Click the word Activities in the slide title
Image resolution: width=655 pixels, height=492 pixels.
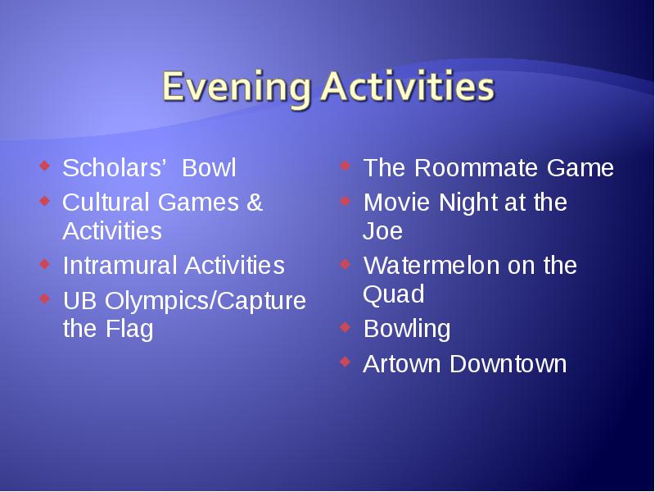pyautogui.click(x=408, y=87)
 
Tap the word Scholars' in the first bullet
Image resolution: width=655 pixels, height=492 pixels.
pyautogui.click(x=114, y=168)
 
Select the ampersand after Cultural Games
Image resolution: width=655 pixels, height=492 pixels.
pyautogui.click(x=255, y=202)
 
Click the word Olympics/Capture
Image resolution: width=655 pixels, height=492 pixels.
pyautogui.click(x=206, y=301)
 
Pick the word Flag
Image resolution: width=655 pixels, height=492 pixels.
pyautogui.click(x=129, y=330)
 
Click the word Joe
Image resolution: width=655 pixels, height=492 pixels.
pyautogui.click(x=382, y=231)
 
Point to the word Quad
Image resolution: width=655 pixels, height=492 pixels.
pyautogui.click(x=394, y=294)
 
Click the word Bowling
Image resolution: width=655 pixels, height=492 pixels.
pyautogui.click(x=407, y=330)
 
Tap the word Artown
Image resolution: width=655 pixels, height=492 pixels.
pyautogui.click(x=402, y=363)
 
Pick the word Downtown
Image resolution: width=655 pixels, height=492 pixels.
pyautogui.click(x=508, y=363)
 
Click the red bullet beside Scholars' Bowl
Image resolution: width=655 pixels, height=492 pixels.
pyautogui.click(x=44, y=166)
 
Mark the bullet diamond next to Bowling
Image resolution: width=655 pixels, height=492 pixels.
pyautogui.click(x=345, y=326)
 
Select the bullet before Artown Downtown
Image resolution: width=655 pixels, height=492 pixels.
pyautogui.click(x=345, y=362)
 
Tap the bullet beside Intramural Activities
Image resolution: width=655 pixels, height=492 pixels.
pyautogui.click(x=44, y=263)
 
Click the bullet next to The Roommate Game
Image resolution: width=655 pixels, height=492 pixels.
pyautogui.click(x=345, y=166)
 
